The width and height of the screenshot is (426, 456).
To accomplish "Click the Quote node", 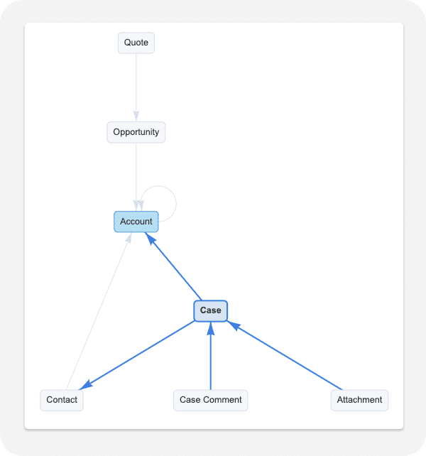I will (x=136, y=43).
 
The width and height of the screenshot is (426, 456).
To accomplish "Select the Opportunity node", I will (x=136, y=132).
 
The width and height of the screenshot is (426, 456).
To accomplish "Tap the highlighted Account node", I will (x=136, y=222).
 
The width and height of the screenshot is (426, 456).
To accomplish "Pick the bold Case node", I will (x=210, y=310).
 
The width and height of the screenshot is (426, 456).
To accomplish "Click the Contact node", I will (x=62, y=400).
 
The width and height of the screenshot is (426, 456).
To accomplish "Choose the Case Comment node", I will (x=210, y=400).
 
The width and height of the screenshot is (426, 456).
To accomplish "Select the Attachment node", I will (x=359, y=400).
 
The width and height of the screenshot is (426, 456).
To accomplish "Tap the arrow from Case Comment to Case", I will (x=210, y=359).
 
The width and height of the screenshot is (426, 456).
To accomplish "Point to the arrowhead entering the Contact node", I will (x=85, y=386).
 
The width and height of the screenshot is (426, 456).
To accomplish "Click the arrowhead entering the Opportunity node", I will (x=136, y=116).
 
